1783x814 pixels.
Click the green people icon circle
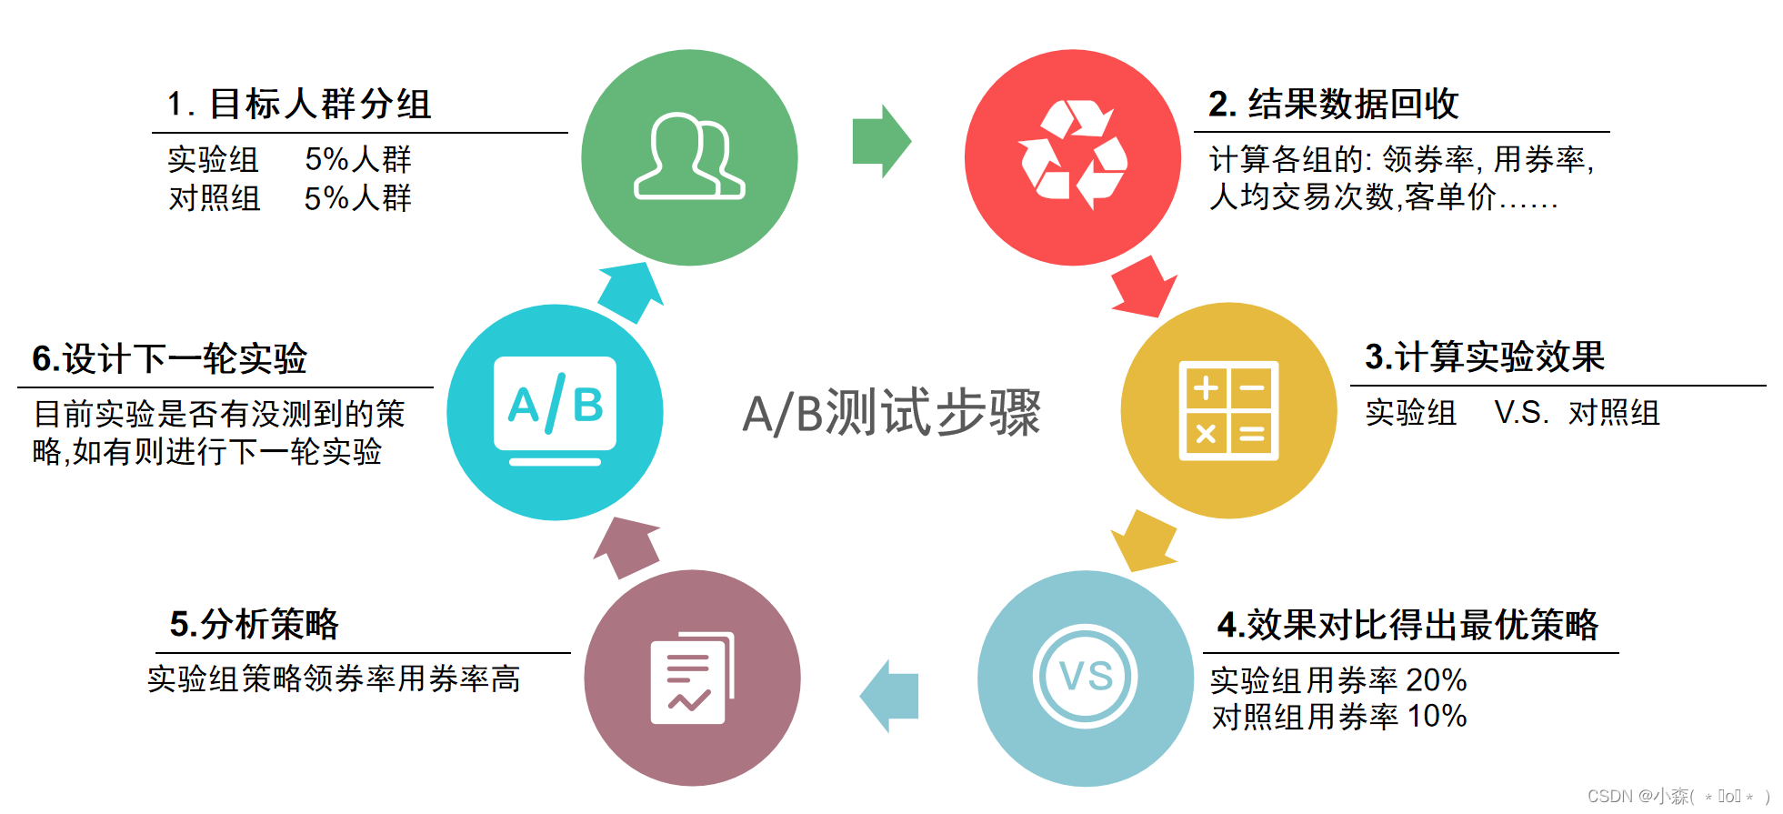(689, 157)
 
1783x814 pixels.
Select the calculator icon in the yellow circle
(1228, 411)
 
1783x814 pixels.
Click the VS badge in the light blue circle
(1086, 677)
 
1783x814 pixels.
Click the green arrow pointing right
(880, 142)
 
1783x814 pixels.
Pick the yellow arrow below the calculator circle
(1144, 540)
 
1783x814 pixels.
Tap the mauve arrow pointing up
(627, 547)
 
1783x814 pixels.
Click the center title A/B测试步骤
(891, 413)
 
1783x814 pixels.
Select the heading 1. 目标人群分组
(299, 105)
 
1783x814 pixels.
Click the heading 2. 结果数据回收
(1333, 105)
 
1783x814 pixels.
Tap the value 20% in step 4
(1436, 680)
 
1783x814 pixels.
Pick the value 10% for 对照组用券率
(1437, 717)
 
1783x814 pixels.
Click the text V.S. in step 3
(1521, 413)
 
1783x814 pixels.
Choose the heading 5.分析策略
(254, 625)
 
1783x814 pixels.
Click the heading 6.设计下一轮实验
(170, 359)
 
